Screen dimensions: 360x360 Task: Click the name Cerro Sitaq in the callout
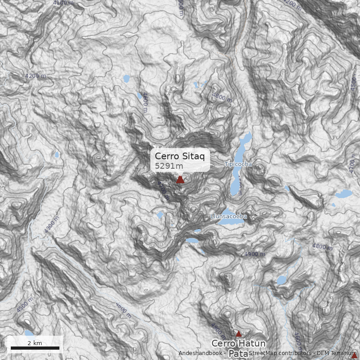point(180,156)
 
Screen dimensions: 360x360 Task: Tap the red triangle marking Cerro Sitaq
point(180,180)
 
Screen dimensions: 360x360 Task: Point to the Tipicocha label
point(238,164)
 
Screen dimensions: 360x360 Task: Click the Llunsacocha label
point(229,216)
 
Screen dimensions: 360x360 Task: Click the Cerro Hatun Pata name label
point(238,348)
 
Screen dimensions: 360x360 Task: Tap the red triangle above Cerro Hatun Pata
point(238,333)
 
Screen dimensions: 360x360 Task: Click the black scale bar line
point(35,348)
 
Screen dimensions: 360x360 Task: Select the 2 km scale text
point(35,343)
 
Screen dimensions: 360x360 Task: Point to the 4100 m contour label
point(63,3)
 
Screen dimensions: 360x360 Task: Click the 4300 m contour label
point(51,225)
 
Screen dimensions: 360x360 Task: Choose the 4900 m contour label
point(255,254)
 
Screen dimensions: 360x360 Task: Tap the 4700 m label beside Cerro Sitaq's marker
point(164,190)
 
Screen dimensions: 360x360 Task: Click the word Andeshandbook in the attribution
point(199,353)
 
